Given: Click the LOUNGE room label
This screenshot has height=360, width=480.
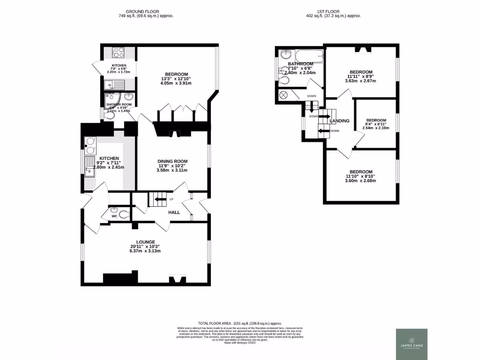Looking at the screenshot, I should coord(145,241).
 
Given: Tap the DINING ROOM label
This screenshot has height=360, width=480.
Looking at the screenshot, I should coord(172,161).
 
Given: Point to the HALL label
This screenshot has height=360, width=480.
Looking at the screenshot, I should coord(174,212).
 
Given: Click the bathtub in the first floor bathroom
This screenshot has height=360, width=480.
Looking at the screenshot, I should coord(307,56).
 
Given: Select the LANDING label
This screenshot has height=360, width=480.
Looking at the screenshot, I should coord(339,121).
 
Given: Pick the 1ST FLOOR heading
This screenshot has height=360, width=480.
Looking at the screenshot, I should coord(333,11).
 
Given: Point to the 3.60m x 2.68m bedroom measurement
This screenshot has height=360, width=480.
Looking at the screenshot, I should coord(361,180).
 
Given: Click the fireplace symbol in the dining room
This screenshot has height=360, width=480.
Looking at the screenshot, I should coord(175,135).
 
